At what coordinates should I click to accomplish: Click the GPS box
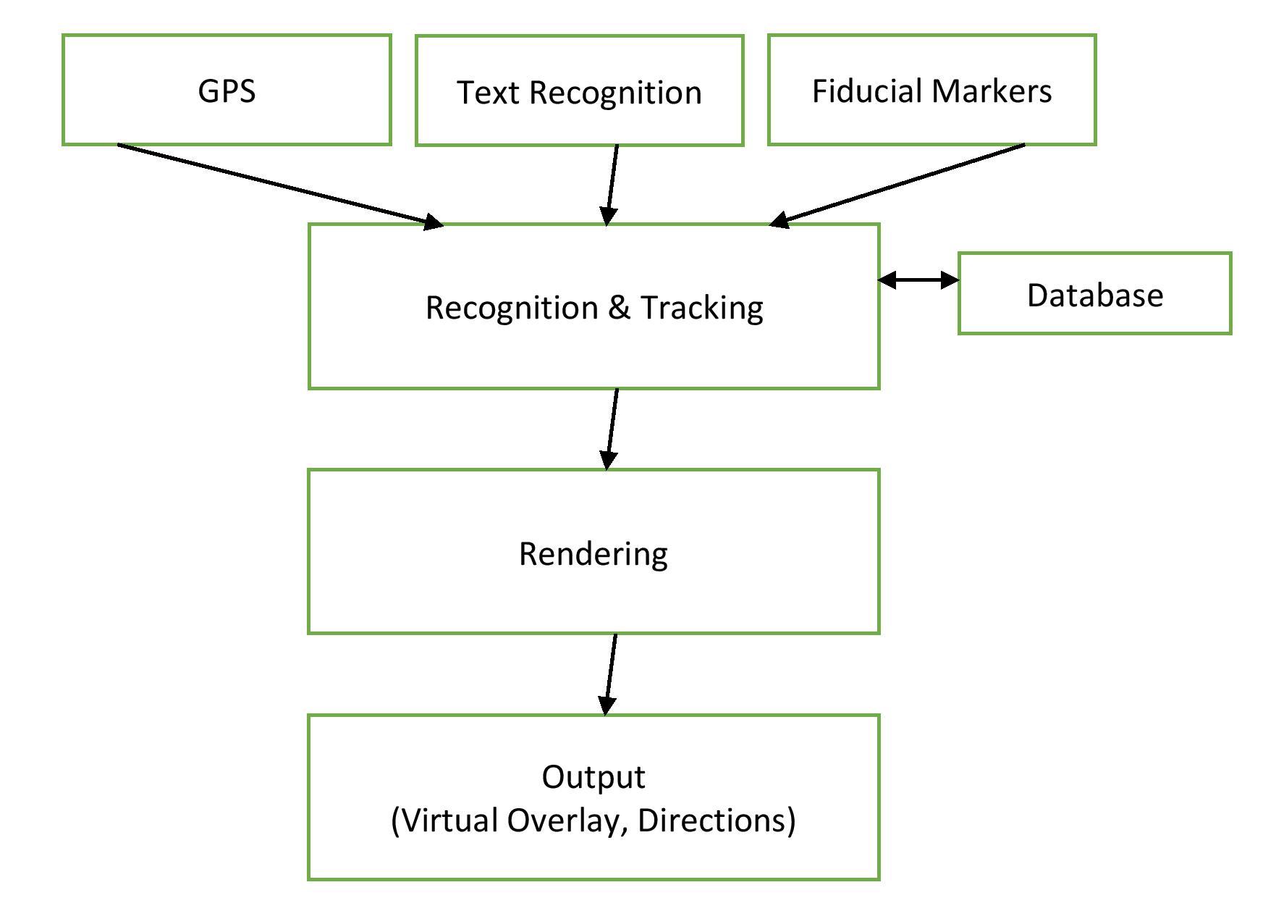[x=227, y=90]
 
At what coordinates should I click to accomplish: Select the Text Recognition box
[x=579, y=91]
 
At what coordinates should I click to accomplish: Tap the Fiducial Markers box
[x=931, y=90]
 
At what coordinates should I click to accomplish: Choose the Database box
[x=1094, y=293]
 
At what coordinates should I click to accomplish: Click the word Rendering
[x=593, y=555]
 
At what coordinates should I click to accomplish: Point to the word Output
[x=593, y=778]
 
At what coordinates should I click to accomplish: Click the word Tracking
[x=702, y=309]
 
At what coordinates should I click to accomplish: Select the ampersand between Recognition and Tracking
[x=619, y=308]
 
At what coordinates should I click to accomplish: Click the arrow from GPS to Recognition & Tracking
[x=281, y=186]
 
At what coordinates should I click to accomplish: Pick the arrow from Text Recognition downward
[x=612, y=185]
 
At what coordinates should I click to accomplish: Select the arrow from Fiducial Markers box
[x=897, y=185]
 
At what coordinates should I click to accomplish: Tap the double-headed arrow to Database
[x=918, y=280]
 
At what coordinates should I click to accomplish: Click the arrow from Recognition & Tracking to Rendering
[x=612, y=429]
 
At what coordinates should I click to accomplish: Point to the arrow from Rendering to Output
[x=610, y=675]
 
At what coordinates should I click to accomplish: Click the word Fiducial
[x=868, y=91]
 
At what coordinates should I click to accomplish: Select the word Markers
[x=992, y=91]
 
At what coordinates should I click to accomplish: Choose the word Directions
[x=712, y=821]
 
